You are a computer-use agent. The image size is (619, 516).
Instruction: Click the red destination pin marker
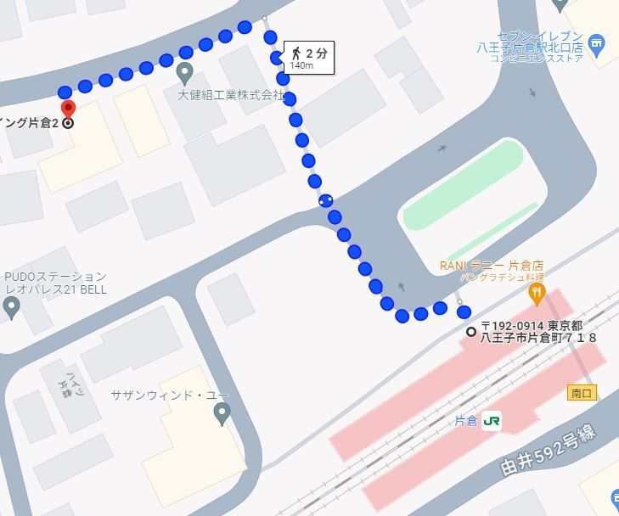pos(69,109)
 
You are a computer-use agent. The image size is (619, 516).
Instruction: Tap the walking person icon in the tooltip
pos(296,52)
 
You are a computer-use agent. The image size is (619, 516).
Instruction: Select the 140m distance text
pos(301,65)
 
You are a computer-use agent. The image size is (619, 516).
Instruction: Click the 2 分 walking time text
pos(317,53)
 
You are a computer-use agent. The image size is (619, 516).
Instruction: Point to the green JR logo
pos(492,421)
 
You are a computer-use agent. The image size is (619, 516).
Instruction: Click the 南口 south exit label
pos(582,393)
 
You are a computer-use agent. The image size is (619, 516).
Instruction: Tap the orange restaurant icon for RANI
pos(536,294)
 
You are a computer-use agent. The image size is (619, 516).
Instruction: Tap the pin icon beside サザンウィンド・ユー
pos(222,414)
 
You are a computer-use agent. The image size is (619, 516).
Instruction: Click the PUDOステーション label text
pos(56,277)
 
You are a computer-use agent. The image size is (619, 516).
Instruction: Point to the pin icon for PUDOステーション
pos(11,306)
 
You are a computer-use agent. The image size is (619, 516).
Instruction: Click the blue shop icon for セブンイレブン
pos(597,43)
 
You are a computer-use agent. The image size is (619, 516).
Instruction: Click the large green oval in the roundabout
pos(463,184)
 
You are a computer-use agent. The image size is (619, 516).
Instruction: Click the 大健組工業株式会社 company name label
pos(230,95)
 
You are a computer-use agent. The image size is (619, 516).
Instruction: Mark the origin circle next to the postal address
pos(471,331)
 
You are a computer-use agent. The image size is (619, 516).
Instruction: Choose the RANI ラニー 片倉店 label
pos(491,266)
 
